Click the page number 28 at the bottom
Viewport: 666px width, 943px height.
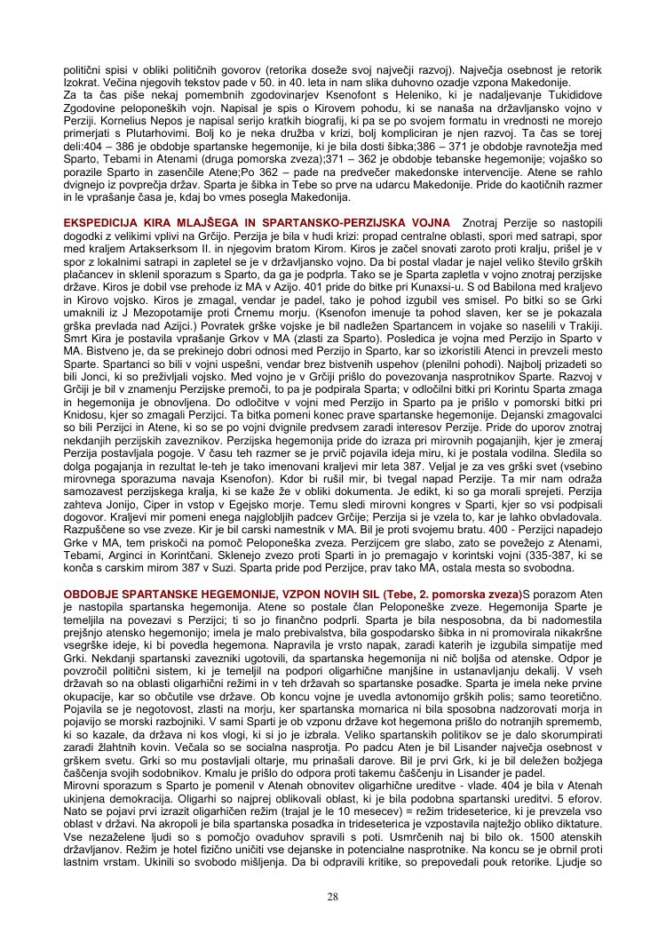coord(333,896)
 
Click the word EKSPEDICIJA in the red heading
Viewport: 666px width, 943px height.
coord(103,221)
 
